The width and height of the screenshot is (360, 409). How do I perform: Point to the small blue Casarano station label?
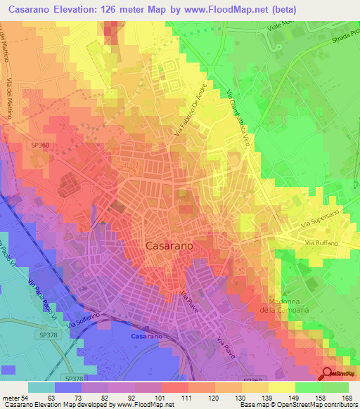[x=148, y=336]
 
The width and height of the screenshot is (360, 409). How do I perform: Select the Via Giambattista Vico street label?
[x=240, y=113]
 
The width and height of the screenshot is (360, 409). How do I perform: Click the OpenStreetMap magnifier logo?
[x=328, y=374]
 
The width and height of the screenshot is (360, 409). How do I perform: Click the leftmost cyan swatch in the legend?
[x=41, y=387]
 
